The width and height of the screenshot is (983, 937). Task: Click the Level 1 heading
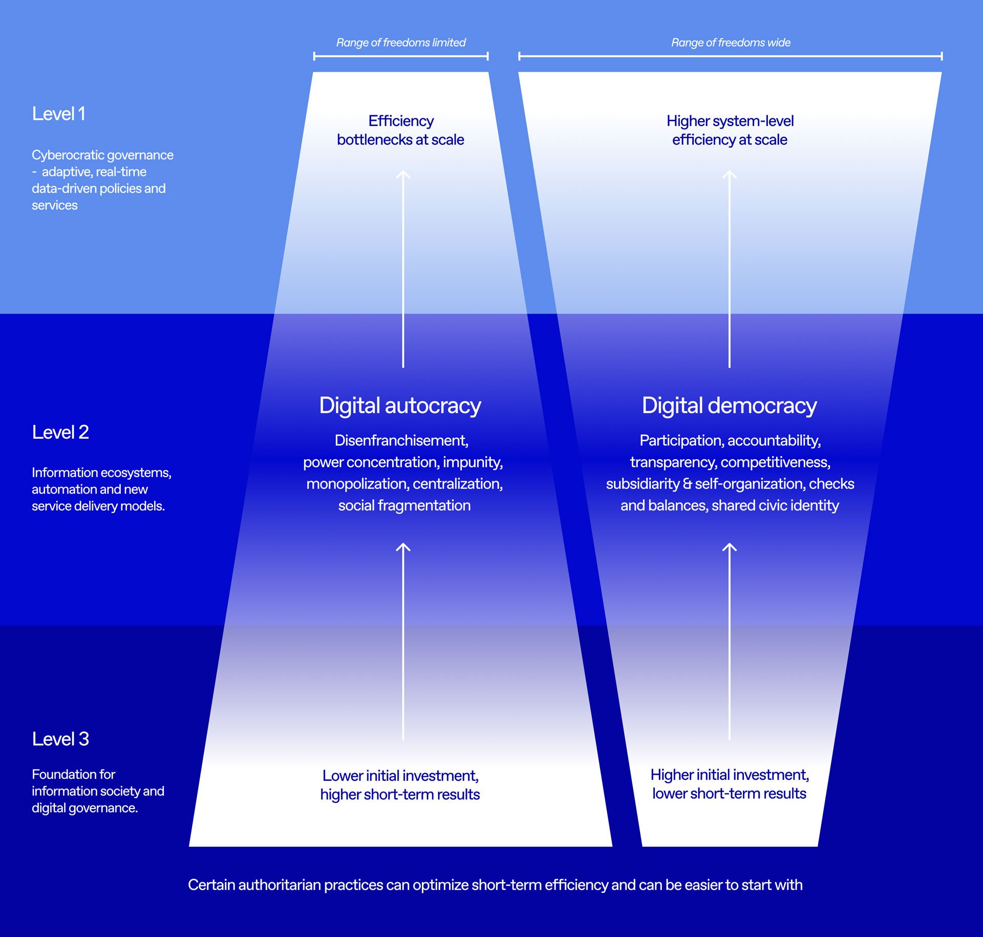(58, 114)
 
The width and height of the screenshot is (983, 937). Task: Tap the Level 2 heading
(60, 432)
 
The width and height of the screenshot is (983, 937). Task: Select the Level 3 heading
(60, 739)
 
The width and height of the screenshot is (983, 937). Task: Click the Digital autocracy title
(400, 406)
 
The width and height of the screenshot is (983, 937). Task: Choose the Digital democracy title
(729, 406)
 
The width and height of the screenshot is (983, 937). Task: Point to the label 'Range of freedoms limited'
(401, 42)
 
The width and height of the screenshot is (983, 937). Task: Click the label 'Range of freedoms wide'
(731, 42)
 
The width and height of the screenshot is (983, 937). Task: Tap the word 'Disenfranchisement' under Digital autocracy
(401, 440)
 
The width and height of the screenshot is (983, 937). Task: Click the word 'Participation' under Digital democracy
(680, 440)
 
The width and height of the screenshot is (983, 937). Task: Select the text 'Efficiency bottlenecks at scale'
(400, 130)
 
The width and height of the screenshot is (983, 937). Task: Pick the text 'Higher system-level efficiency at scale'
(730, 130)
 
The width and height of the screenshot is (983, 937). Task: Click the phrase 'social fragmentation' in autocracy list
(404, 505)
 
